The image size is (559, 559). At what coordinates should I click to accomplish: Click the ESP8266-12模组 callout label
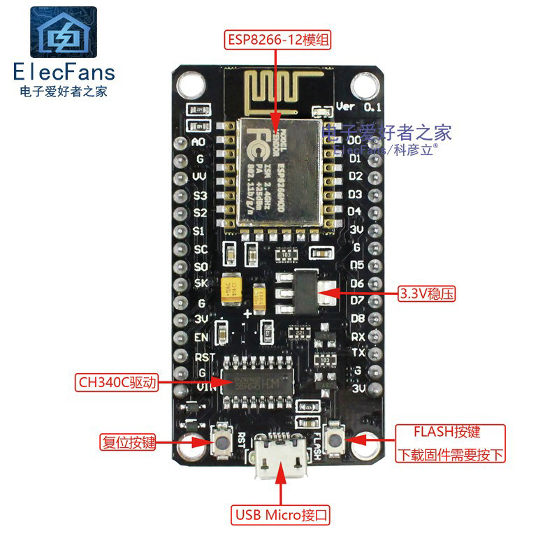tap(277, 39)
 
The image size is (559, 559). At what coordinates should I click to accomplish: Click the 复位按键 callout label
tap(127, 442)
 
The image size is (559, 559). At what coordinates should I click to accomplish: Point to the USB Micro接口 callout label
tap(281, 516)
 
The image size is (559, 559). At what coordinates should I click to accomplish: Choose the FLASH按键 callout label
tap(447, 431)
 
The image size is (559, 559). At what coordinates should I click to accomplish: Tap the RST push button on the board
tap(224, 442)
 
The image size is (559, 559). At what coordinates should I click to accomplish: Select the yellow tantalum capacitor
tap(231, 293)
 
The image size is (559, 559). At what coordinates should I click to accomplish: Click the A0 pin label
tap(198, 142)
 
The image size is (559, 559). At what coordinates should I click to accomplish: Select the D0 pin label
tap(355, 140)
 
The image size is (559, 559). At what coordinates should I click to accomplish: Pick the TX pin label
tap(358, 353)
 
